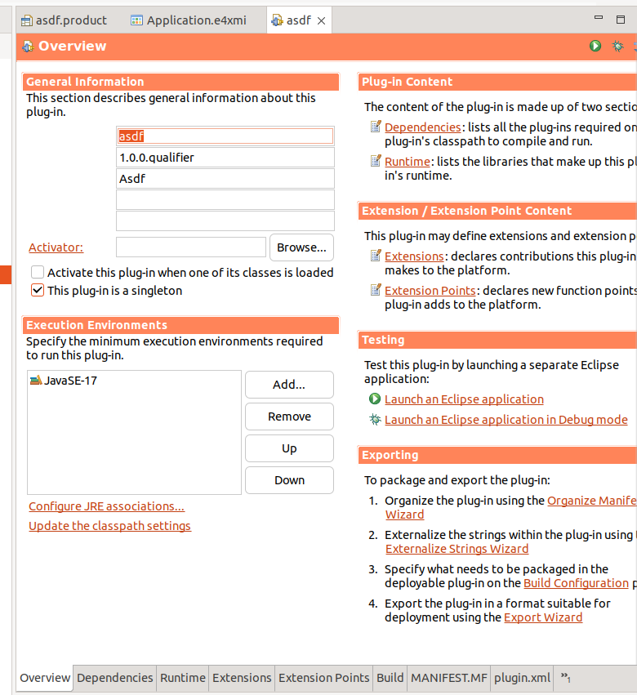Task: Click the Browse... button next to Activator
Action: [301, 247]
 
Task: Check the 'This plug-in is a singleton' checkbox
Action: [38, 291]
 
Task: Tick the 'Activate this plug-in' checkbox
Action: [38, 273]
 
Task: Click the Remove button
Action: [289, 417]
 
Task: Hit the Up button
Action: [289, 448]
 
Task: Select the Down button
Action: [289, 480]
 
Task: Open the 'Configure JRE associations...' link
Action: [106, 506]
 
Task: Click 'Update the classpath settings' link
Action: [109, 526]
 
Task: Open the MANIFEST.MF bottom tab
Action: [448, 678]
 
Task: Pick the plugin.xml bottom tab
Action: [522, 678]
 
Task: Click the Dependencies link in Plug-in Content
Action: [422, 127]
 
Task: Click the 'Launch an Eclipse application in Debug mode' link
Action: [506, 420]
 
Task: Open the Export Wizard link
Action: [543, 617]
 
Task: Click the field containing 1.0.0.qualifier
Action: [225, 158]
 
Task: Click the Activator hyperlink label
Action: [56, 247]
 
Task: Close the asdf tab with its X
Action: [322, 21]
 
